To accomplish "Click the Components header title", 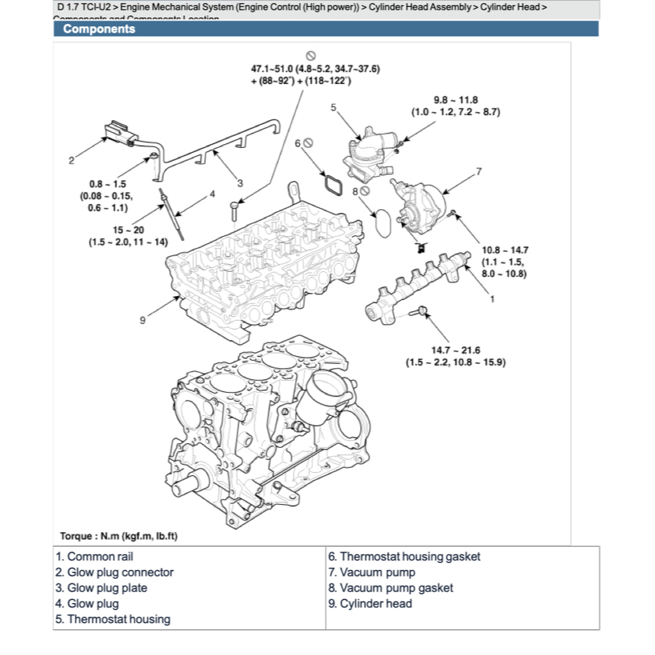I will (x=99, y=29).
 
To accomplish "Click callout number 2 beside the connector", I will (x=71, y=161).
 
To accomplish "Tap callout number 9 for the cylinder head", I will (x=143, y=320).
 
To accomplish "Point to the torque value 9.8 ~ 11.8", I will (x=455, y=100).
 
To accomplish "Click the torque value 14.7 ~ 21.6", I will (x=455, y=350).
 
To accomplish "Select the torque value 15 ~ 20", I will (x=128, y=230).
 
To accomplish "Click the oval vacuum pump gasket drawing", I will (x=383, y=221).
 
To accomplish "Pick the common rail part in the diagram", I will (x=416, y=285).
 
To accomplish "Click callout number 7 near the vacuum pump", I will (x=478, y=171).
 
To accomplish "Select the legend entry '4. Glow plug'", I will (x=87, y=603).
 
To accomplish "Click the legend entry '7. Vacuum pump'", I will (x=372, y=572).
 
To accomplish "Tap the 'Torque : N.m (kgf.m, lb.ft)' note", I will (x=118, y=536).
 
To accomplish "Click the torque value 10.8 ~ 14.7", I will (x=505, y=250).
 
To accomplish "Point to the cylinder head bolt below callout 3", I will (x=234, y=210).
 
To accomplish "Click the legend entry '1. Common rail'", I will (x=95, y=557).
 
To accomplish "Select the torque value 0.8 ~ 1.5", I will (x=107, y=184).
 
